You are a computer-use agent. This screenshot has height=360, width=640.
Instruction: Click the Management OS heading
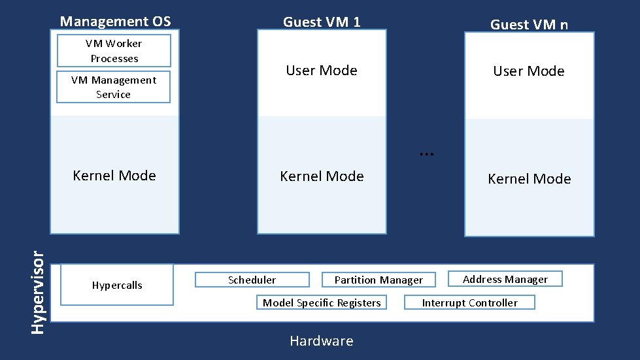click(x=115, y=22)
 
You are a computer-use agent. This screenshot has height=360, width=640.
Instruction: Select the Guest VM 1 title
click(x=321, y=22)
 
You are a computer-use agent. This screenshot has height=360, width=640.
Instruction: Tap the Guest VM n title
click(x=529, y=25)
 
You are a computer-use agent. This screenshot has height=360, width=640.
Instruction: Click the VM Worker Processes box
click(x=114, y=51)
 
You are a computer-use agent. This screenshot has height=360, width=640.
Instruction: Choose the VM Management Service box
click(x=113, y=87)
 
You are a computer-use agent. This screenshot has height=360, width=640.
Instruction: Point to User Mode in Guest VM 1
click(x=321, y=71)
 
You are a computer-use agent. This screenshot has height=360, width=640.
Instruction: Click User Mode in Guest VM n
click(x=528, y=71)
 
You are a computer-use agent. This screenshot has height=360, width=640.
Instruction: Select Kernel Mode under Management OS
click(x=114, y=175)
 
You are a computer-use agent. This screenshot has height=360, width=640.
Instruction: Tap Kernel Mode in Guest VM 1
click(x=321, y=176)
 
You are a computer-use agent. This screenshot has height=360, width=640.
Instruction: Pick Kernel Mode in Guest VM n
click(x=529, y=178)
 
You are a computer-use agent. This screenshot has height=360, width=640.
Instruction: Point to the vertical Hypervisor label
click(x=39, y=287)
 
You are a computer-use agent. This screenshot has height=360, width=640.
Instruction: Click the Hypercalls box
click(x=117, y=285)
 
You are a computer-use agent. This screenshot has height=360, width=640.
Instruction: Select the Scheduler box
click(x=252, y=280)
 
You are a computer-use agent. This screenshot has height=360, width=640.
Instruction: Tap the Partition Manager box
click(x=379, y=280)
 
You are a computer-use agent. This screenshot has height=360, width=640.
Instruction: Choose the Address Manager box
click(x=505, y=279)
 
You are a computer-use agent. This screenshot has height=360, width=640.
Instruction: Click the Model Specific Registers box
click(x=321, y=303)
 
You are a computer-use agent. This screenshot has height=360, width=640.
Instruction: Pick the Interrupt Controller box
click(x=469, y=303)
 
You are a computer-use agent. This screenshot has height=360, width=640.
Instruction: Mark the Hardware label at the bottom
click(x=321, y=341)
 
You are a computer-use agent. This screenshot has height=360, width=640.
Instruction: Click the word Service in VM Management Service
click(x=113, y=95)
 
